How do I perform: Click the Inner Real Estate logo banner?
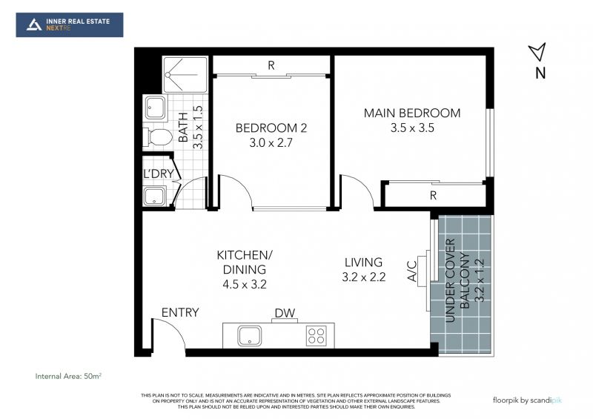pos(70,25)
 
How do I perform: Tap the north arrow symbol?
pos(538,52)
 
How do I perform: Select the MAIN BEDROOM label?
pos(412,113)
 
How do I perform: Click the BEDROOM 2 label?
pos(271,128)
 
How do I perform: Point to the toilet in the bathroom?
pos(157,137)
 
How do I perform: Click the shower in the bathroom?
pos(185,75)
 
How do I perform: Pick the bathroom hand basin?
pos(156,108)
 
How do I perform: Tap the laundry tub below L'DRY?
pos(154,196)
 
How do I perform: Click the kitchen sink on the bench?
pos(250,336)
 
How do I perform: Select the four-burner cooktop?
pos(317,335)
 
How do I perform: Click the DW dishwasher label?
pos(285,313)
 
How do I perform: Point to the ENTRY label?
pos(180,312)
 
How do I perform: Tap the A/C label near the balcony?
pos(412,271)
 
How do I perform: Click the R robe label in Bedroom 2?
pos(271,65)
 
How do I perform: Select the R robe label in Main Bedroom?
pos(433,195)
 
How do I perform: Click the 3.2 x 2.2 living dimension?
pos(364,277)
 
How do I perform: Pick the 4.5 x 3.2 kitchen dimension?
pos(245,284)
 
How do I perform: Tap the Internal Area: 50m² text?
pos(68,376)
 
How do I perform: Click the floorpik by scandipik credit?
pos(527,400)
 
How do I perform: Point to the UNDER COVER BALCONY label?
pos(457,280)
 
